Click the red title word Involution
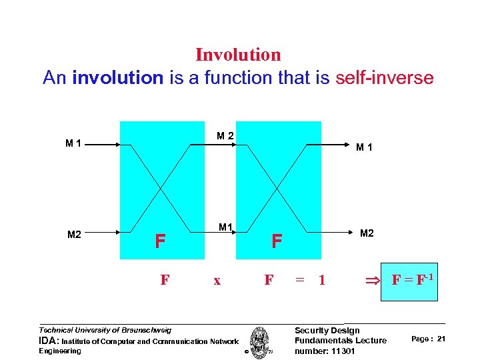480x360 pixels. coord(238,55)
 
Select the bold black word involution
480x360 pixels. coord(117,78)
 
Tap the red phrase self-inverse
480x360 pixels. coord(385,78)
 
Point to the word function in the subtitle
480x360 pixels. coord(237,78)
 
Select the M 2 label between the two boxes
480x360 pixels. coord(225,136)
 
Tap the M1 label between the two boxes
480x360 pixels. coord(225,228)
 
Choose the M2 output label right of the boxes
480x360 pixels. coord(367,233)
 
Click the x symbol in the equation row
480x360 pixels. coord(217,281)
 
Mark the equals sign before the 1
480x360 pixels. coord(300,281)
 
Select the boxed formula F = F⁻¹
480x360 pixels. coord(409,281)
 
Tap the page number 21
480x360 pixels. coord(441,339)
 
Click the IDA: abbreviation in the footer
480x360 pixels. coord(49,341)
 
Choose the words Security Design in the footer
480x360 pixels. coord(327,331)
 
